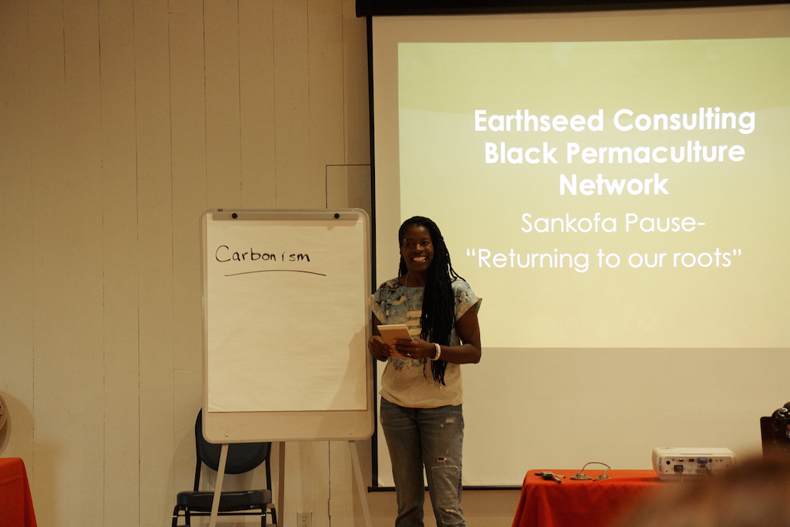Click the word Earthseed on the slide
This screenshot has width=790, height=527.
[x=538, y=121]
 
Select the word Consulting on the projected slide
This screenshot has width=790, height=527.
[x=684, y=122]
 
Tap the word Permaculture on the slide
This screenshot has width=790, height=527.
[x=656, y=153]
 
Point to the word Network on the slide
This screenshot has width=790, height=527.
[x=613, y=185]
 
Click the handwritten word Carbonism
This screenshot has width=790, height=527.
[x=262, y=255]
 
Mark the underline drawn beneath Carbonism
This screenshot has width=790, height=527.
[x=275, y=273]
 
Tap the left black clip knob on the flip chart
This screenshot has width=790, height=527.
[x=235, y=215]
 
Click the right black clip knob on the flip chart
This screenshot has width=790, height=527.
[x=336, y=215]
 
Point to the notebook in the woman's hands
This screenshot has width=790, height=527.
[x=395, y=337]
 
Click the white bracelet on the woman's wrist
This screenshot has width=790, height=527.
[x=437, y=352]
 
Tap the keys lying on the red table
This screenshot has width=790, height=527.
[x=550, y=476]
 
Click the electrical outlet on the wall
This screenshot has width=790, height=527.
[x=303, y=519]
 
